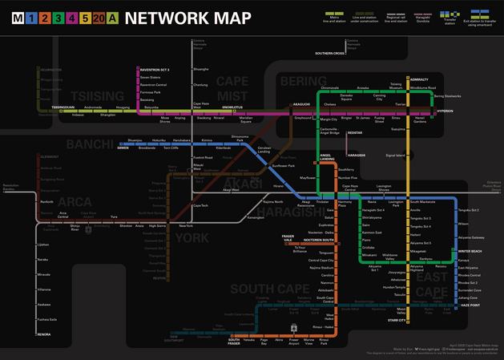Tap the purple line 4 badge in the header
click(71, 18)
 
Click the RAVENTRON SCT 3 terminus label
click(155, 70)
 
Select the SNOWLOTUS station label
click(232, 106)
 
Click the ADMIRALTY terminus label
click(419, 79)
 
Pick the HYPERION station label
click(445, 111)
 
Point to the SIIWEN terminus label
click(123, 148)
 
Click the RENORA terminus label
click(44, 334)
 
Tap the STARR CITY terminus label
click(397, 320)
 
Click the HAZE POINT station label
click(470, 305)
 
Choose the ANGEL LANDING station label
click(327, 158)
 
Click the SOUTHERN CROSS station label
click(329, 53)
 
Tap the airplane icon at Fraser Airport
click(295, 327)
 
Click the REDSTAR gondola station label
click(355, 133)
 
